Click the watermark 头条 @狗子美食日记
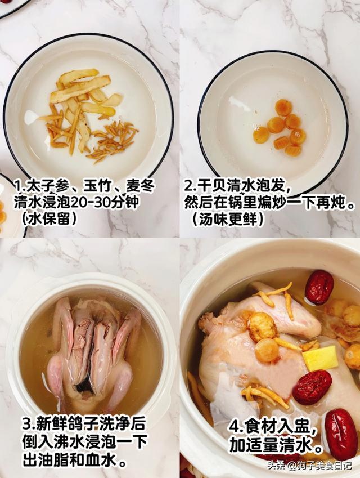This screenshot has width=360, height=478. [309, 466]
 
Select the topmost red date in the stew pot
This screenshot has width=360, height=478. [319, 287]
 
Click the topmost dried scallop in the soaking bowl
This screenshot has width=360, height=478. [283, 108]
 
